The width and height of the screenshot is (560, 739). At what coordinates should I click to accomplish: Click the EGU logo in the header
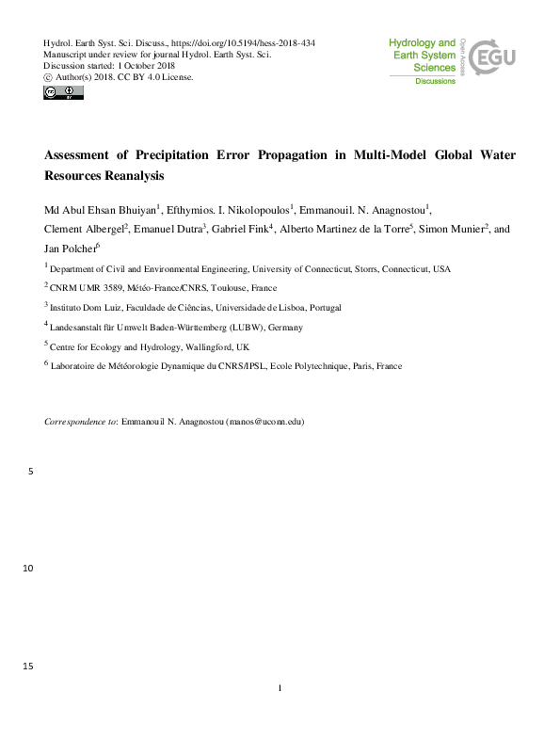(492, 57)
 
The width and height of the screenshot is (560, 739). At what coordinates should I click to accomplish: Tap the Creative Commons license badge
(63, 92)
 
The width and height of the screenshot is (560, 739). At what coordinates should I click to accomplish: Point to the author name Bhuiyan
(136, 209)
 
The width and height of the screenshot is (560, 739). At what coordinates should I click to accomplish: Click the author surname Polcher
(77, 249)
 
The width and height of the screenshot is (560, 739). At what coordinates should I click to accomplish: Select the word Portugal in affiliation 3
(320, 307)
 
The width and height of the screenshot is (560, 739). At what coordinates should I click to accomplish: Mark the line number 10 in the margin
(25, 569)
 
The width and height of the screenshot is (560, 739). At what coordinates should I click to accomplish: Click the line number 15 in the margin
(25, 667)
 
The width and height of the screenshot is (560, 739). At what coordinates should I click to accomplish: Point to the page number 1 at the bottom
(280, 688)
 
